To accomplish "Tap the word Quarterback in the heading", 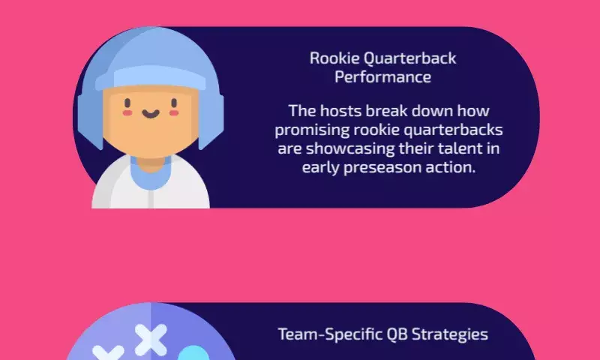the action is click(x=409, y=59).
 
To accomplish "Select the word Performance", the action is click(x=383, y=77).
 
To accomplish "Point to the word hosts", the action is click(x=341, y=111).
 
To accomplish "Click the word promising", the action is click(x=312, y=130).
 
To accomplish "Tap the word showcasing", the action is click(x=350, y=148).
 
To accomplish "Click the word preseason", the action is click(x=382, y=168).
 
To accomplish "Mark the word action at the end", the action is click(x=451, y=167).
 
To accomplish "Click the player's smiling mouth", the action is click(x=151, y=113).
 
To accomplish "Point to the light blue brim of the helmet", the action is click(x=151, y=78).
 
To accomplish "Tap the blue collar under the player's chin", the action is click(x=151, y=174).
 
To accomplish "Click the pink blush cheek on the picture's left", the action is click(x=127, y=112).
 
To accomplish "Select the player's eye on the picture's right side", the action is click(x=174, y=103).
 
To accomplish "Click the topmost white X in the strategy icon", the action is click(x=151, y=340).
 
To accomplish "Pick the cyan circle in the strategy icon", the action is click(x=194, y=353).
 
